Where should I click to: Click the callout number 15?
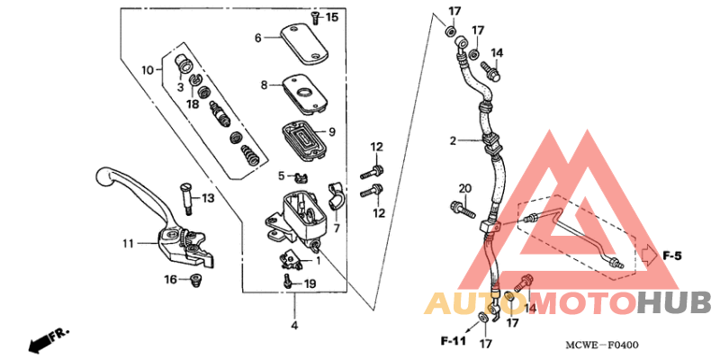click(332, 17)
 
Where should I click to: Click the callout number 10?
click(148, 69)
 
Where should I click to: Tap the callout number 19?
click(310, 284)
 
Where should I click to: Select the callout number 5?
click(281, 175)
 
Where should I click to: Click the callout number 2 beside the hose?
click(454, 140)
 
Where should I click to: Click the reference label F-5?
click(671, 256)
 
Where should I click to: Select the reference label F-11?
click(454, 342)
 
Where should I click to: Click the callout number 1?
click(317, 260)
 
